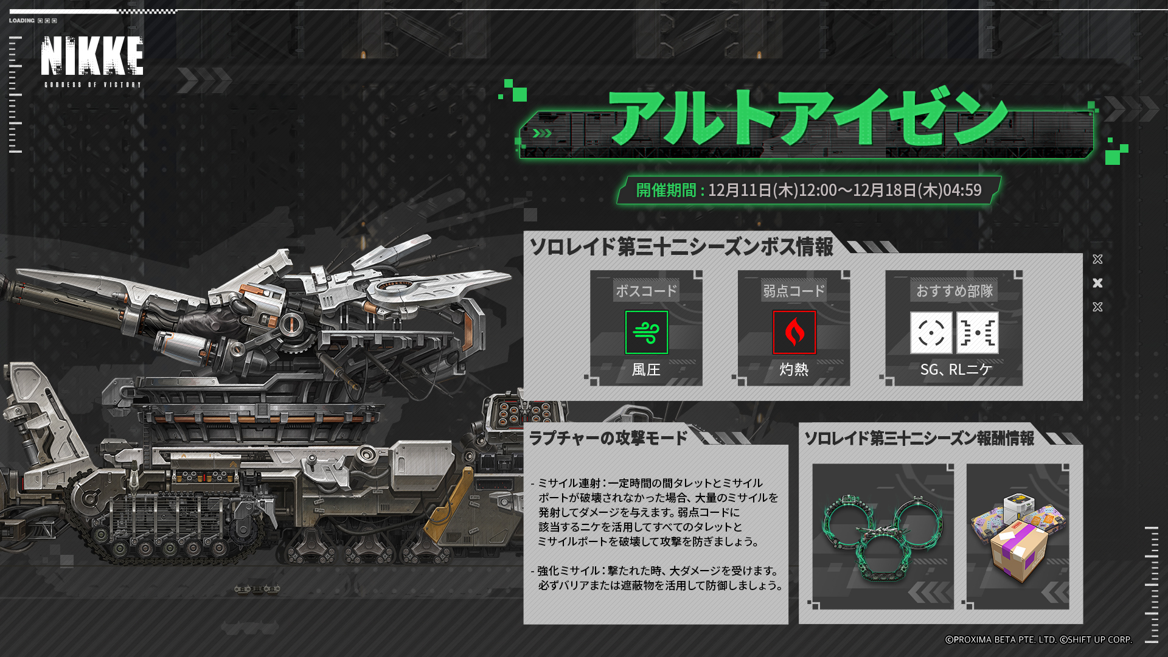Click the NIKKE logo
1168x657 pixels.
[92, 61]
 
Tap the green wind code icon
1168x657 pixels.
[647, 332]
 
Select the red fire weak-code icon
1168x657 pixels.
[794, 332]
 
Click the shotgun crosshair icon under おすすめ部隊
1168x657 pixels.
[931, 333]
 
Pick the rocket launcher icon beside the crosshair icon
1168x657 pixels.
[978, 333]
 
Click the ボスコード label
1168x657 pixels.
[646, 291]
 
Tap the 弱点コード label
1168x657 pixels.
[794, 291]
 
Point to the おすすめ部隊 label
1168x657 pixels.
[954, 291]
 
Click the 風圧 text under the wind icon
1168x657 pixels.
[646, 369]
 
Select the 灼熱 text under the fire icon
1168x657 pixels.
[794, 369]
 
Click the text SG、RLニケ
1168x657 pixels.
[956, 369]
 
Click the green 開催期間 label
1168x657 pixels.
[666, 190]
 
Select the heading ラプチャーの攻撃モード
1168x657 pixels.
[608, 438]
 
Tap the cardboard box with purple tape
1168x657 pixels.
[1020, 551]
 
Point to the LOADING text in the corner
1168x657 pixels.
[22, 21]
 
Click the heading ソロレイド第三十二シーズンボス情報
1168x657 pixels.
[681, 246]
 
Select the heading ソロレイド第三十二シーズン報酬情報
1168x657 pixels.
[919, 438]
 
